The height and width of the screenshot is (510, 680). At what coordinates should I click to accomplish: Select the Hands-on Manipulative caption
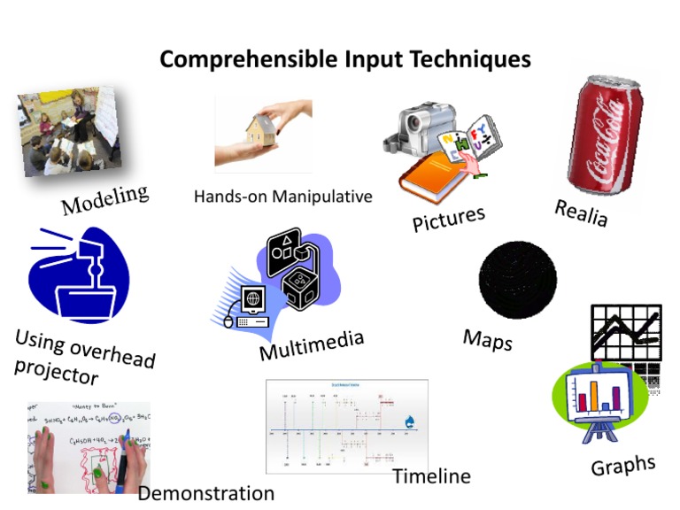tap(283, 196)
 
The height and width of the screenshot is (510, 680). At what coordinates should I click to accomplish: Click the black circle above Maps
tap(518, 279)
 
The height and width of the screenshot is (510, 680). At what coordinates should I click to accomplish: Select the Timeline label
tap(431, 476)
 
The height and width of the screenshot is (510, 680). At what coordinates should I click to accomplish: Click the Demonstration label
tap(205, 493)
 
